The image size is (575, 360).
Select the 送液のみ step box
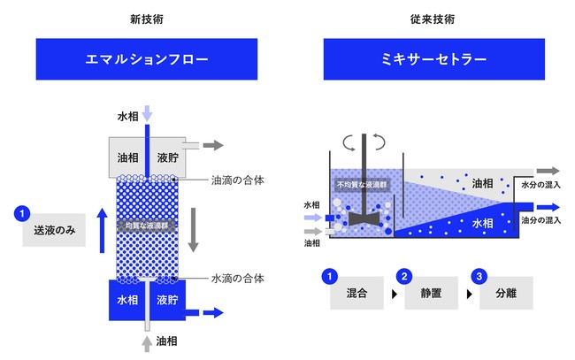[x=48, y=231]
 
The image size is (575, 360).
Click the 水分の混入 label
[x=541, y=186]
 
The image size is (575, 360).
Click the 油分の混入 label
[x=541, y=219]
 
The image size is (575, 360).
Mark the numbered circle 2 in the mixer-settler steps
[x=403, y=276]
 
